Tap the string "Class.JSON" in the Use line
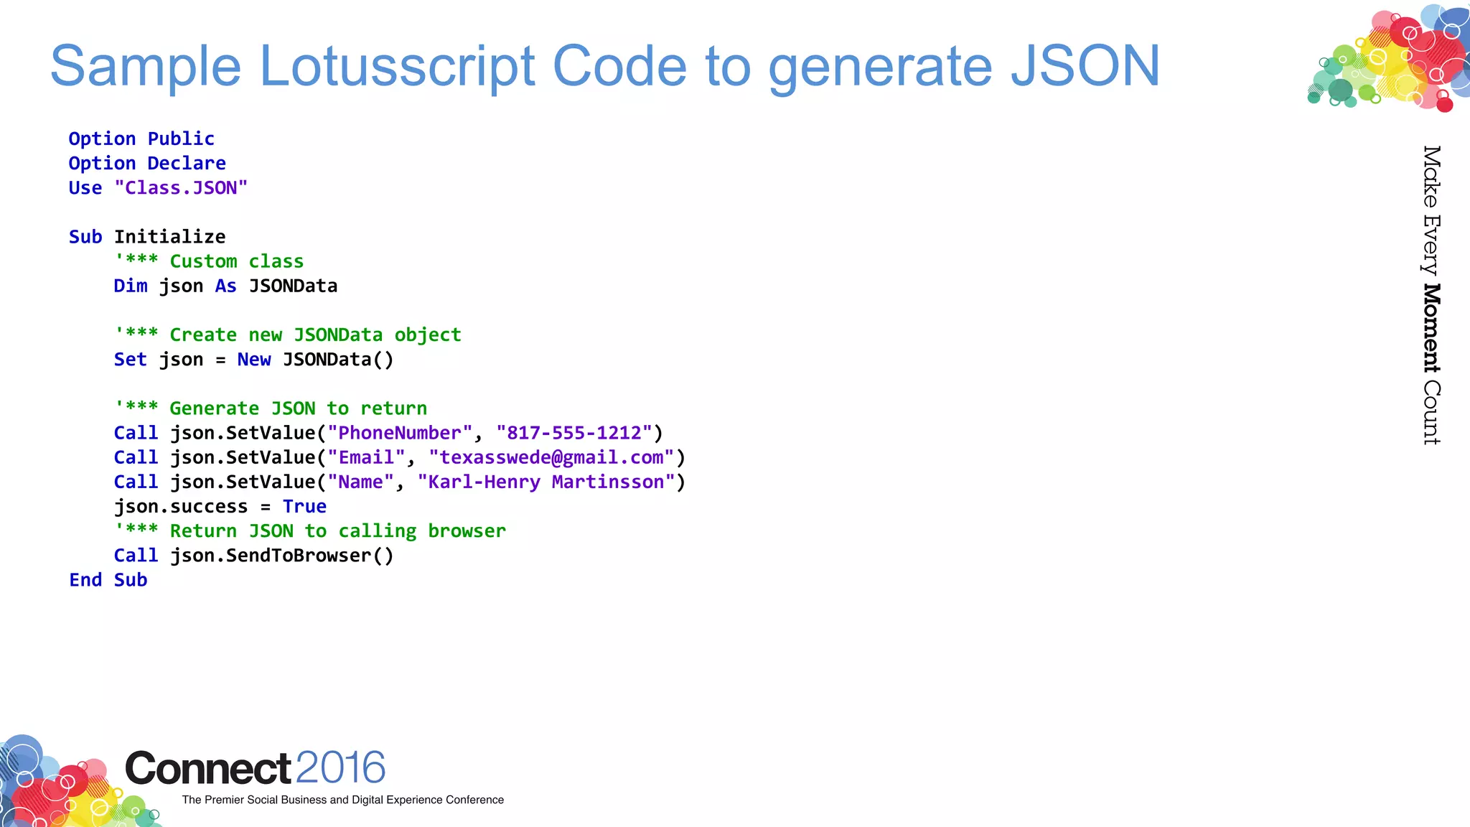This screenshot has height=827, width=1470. pos(181,188)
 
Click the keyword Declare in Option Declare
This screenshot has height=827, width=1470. pos(187,164)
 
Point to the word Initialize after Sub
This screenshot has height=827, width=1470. pos(170,237)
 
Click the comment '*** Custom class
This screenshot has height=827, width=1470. pos(209,261)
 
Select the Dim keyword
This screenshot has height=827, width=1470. pos(130,286)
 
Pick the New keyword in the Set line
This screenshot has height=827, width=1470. pos(254,360)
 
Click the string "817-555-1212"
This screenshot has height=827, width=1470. pos(574,433)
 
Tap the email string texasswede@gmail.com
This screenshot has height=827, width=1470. pos(551,457)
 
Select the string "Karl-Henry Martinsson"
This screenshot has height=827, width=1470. pos(546,482)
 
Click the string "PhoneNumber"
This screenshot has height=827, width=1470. pos(400,433)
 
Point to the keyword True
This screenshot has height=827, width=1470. pos(304,507)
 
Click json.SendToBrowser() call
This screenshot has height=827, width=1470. pos(281,556)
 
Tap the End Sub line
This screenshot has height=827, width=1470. pos(108,580)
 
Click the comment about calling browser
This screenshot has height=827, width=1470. pos(310,531)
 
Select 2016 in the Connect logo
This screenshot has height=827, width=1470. pos(340,767)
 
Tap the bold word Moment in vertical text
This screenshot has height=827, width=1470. pos(1431,328)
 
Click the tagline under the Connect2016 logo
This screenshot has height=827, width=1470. pos(342,800)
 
